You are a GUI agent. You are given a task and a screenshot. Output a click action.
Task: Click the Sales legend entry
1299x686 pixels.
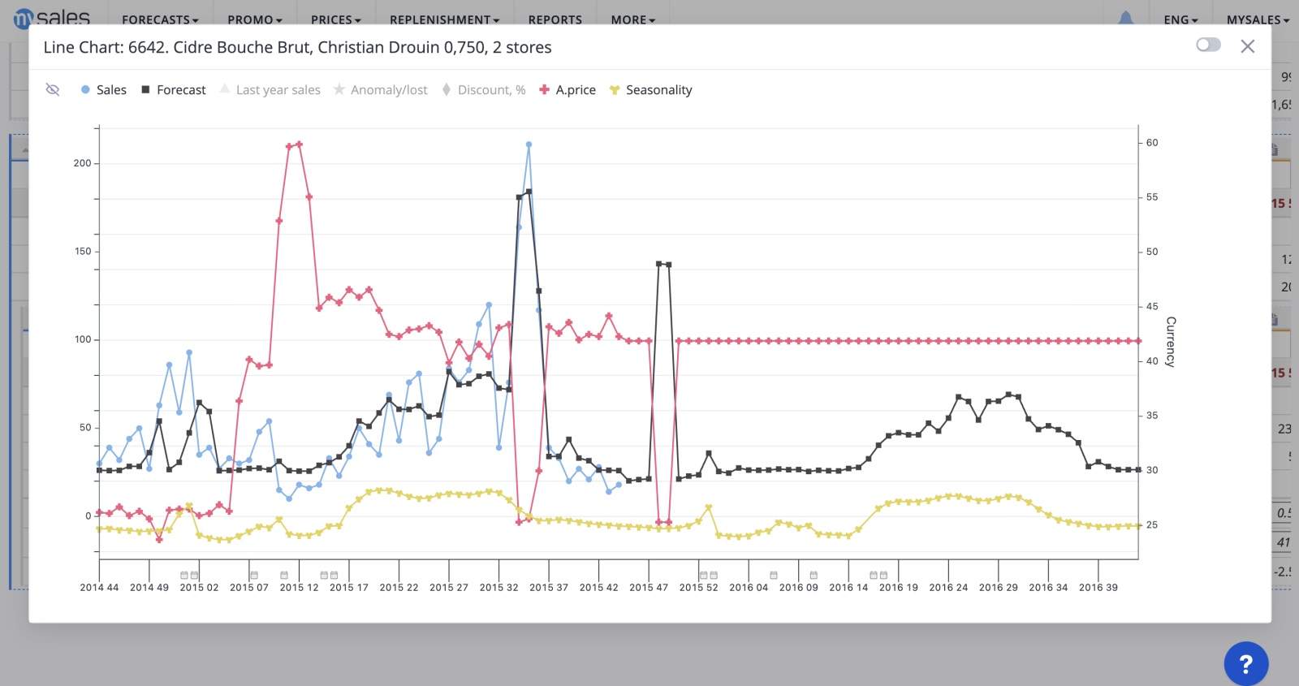(x=104, y=90)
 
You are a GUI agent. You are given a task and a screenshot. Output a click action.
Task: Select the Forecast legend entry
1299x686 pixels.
(x=174, y=90)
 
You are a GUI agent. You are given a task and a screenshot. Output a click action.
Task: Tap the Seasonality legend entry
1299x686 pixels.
(x=651, y=90)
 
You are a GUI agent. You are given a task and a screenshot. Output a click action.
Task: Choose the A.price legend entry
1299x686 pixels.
(x=568, y=90)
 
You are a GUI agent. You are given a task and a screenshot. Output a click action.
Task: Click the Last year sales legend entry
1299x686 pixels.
(x=270, y=90)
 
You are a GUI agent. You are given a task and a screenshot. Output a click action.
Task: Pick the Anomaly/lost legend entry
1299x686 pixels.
(x=381, y=90)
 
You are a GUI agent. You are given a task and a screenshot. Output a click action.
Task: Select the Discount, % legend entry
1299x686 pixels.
(x=484, y=90)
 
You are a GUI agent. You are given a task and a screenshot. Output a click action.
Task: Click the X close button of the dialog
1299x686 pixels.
(x=1248, y=46)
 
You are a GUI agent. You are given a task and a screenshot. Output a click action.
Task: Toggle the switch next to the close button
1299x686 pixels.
(x=1208, y=45)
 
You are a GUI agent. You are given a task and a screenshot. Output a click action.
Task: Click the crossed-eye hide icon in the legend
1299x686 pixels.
(x=53, y=89)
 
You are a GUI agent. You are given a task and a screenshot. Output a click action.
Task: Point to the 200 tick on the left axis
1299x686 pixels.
(x=83, y=163)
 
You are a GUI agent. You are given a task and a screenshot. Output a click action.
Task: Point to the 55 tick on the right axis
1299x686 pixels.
(x=1152, y=197)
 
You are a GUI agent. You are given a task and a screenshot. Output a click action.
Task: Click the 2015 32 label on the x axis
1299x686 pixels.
(x=498, y=588)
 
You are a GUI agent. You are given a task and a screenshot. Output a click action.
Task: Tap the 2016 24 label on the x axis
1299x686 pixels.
(x=948, y=588)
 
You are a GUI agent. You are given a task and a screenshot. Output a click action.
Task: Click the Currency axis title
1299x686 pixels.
(x=1171, y=342)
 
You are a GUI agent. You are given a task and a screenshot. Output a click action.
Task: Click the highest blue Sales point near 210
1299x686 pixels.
(x=529, y=145)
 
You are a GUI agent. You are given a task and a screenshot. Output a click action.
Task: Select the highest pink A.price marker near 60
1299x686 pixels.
(x=300, y=145)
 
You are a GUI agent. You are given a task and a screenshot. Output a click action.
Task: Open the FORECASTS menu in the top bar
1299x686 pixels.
(x=160, y=19)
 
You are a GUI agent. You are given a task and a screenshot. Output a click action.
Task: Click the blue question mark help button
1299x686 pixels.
(x=1245, y=663)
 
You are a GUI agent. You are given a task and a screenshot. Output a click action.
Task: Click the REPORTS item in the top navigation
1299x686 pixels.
(x=555, y=19)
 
